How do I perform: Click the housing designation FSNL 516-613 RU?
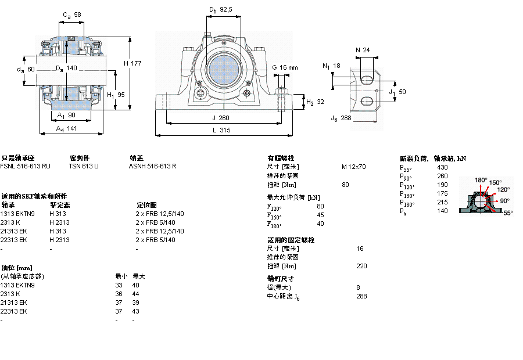tap(25, 166)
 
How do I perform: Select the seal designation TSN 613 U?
tap(84, 166)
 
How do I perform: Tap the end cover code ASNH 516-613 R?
tap(152, 166)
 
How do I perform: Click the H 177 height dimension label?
tap(132, 63)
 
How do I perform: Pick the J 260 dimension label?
tap(221, 117)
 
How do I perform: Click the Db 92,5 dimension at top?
tap(221, 10)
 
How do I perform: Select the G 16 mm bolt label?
tap(285, 67)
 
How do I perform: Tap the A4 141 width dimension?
tap(67, 129)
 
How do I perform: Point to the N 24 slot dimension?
tap(362, 50)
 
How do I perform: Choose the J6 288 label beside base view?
tap(341, 118)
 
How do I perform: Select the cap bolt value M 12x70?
tap(353, 167)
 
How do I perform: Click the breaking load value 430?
tap(442, 167)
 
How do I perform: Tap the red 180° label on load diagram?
tap(481, 180)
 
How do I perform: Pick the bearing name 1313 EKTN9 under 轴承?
tap(18, 214)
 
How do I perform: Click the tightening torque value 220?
tap(361, 266)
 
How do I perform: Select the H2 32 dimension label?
tap(315, 102)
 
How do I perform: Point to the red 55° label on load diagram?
tap(507, 213)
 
